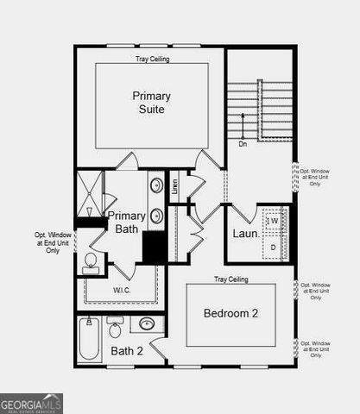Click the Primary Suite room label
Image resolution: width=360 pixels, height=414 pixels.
[x=151, y=103]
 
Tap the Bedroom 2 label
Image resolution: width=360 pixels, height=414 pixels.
[x=231, y=314]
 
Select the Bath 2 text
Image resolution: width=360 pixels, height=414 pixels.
[x=126, y=350]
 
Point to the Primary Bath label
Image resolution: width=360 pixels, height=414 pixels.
[x=125, y=222]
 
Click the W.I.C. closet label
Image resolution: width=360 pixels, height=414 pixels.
[x=122, y=291]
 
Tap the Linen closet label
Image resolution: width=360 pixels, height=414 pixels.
[x=174, y=187]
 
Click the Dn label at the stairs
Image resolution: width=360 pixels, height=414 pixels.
[x=243, y=144]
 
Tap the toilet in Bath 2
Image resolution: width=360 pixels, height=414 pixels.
[x=114, y=329]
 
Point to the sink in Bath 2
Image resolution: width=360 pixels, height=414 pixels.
[x=148, y=325]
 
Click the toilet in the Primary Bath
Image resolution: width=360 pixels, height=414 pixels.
[x=91, y=263]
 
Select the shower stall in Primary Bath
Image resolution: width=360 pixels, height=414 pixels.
[x=90, y=197]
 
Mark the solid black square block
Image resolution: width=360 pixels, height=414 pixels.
[x=155, y=248]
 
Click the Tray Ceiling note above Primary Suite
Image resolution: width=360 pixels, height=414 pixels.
[x=152, y=60]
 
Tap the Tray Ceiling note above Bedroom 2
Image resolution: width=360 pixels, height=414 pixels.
[x=231, y=279]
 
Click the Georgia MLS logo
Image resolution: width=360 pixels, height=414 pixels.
[x=31, y=404]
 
